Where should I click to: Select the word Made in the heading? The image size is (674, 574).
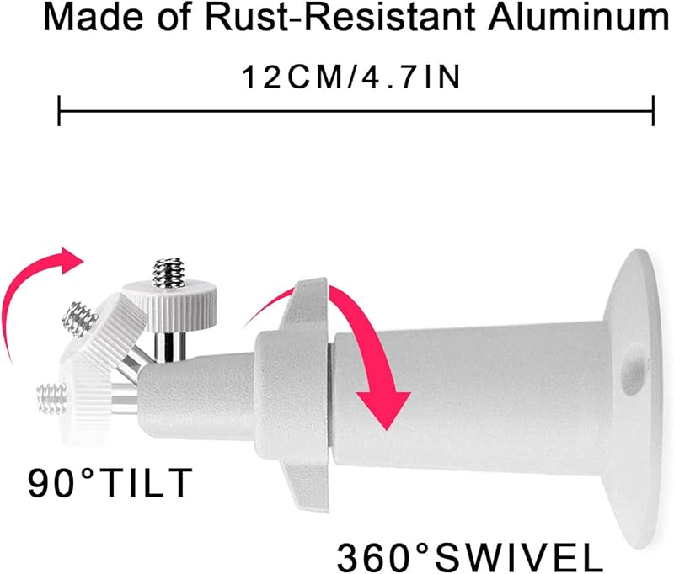[90, 19]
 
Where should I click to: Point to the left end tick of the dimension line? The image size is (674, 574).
[58, 109]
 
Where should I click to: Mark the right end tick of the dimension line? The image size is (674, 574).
[654, 109]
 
